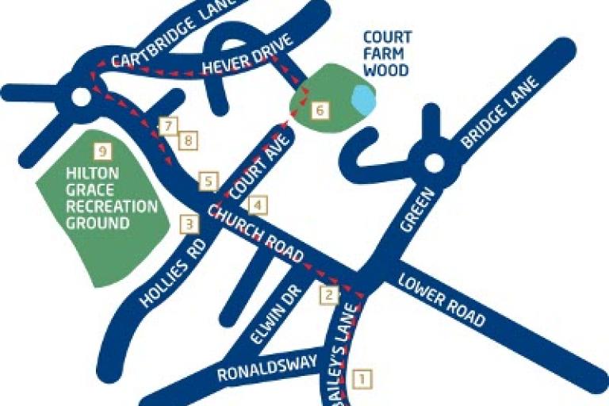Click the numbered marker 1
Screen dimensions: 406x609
[x=362, y=379]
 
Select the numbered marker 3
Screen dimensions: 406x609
[x=189, y=224]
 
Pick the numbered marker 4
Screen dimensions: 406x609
[x=257, y=205]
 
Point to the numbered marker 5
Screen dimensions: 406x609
[x=208, y=182]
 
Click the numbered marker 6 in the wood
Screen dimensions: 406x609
[x=319, y=110]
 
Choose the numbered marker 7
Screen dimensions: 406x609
[x=167, y=125]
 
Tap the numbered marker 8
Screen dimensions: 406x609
[x=188, y=140]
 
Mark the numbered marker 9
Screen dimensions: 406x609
[x=101, y=149]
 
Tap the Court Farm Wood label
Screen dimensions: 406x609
[x=387, y=54]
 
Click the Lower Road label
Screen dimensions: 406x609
[x=442, y=301]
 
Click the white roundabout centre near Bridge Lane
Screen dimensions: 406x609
[x=433, y=164]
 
